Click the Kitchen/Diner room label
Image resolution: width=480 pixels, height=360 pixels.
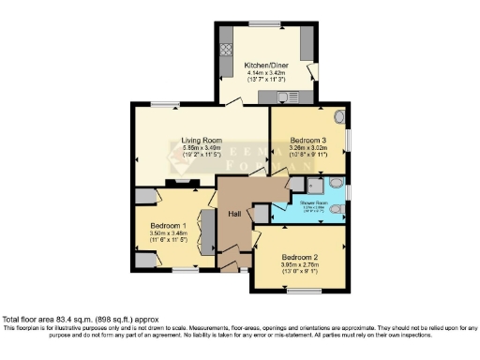click(265, 63)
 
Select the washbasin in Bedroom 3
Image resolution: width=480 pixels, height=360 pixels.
click(339, 119)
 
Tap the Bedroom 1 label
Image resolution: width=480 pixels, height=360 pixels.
click(171, 225)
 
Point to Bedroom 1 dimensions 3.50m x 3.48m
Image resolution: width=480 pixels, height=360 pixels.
click(171, 233)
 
